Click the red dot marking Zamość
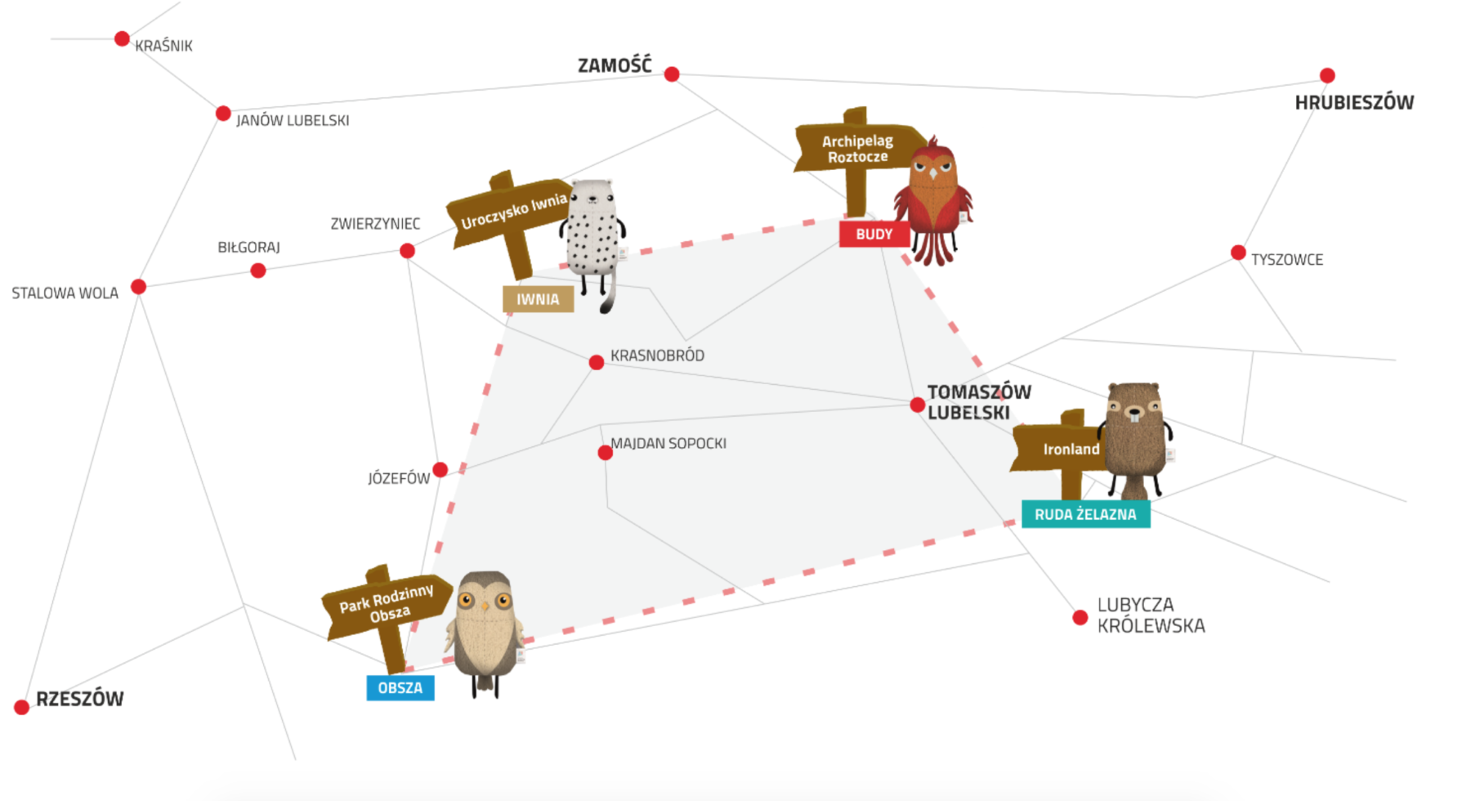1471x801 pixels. coord(672,74)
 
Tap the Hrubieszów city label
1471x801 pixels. coord(1353,103)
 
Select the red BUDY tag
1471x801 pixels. coord(874,235)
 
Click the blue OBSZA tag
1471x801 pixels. coord(400,688)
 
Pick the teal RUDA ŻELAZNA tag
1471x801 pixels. coord(1085,514)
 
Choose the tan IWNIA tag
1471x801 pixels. coord(538,299)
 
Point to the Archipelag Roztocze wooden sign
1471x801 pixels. coord(856,149)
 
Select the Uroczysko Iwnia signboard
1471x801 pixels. coord(510,211)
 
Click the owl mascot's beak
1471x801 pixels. coord(485,606)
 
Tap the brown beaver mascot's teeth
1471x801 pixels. coord(1134,417)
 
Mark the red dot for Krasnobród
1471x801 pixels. coord(597,362)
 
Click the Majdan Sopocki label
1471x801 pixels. coord(668,444)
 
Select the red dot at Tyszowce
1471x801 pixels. coord(1238,253)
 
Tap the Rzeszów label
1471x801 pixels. coord(79,699)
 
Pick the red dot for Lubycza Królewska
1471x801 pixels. coord(1080,618)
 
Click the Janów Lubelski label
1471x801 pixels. coord(293,121)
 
